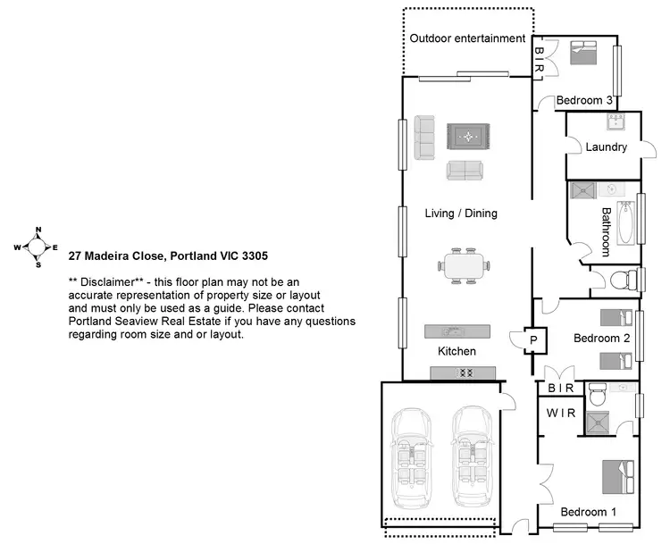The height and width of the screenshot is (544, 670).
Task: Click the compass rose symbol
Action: click(x=38, y=247)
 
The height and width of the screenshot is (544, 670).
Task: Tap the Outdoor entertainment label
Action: click(x=467, y=38)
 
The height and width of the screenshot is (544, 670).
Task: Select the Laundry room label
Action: click(x=607, y=147)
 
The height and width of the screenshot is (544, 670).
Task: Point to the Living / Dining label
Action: click(x=461, y=213)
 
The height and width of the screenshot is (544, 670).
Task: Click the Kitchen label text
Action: click(x=456, y=351)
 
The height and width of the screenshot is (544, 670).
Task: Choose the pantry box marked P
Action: click(x=532, y=339)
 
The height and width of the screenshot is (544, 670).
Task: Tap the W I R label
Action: click(x=562, y=413)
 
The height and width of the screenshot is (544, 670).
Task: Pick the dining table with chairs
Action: click(x=465, y=264)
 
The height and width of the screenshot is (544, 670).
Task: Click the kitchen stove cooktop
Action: click(x=465, y=373)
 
